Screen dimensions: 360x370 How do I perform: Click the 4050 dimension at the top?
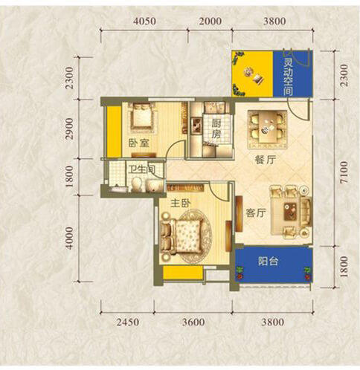144,21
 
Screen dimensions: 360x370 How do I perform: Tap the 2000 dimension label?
210,21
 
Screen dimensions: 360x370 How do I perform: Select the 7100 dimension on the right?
344,172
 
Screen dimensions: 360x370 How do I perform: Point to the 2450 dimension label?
128,322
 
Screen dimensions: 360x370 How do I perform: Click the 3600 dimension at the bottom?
193,322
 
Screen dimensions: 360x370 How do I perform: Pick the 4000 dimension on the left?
70,238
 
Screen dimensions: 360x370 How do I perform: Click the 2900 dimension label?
70,129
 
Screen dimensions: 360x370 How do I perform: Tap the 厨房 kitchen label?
216,129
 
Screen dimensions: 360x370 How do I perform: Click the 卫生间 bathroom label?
142,169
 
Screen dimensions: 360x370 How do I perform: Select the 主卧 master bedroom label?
181,204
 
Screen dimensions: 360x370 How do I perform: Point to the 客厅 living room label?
256,212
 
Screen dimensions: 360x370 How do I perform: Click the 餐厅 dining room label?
266,160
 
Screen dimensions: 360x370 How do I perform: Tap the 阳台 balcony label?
268,261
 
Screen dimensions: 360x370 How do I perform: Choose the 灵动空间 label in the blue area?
288,77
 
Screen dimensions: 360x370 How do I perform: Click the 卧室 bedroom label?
139,143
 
